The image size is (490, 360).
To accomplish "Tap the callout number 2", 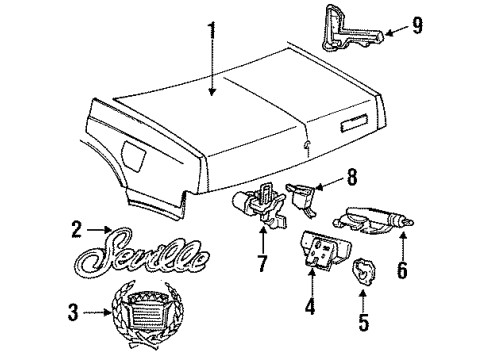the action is tap(77, 229).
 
